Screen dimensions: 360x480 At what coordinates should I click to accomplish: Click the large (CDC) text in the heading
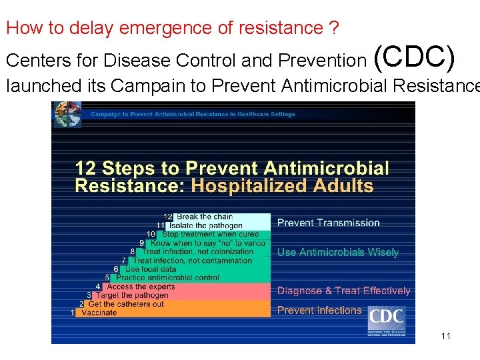tap(415, 58)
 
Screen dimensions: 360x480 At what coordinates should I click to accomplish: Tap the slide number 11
tap(445, 336)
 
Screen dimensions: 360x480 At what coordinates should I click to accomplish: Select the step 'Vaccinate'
tap(99, 313)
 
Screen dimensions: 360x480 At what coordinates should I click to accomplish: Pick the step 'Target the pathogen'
tap(131, 295)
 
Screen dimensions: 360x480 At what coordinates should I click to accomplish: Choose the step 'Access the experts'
tap(141, 287)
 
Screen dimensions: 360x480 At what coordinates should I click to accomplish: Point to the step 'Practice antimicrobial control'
tap(167, 277)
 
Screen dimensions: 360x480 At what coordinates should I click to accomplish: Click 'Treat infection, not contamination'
tap(192, 261)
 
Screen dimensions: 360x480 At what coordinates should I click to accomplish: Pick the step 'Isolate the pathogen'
tap(200, 225)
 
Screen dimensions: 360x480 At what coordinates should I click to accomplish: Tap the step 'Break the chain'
tap(204, 217)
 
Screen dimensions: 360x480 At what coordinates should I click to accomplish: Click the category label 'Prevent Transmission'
tap(328, 223)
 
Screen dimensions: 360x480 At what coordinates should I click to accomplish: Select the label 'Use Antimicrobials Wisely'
tap(337, 252)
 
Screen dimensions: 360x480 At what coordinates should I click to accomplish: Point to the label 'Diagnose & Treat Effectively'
tap(343, 291)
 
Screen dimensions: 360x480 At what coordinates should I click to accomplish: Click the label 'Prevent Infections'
tap(319, 310)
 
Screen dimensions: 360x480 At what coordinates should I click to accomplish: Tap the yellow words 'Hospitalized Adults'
tap(282, 185)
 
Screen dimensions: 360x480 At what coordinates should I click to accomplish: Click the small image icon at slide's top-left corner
tap(67, 114)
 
